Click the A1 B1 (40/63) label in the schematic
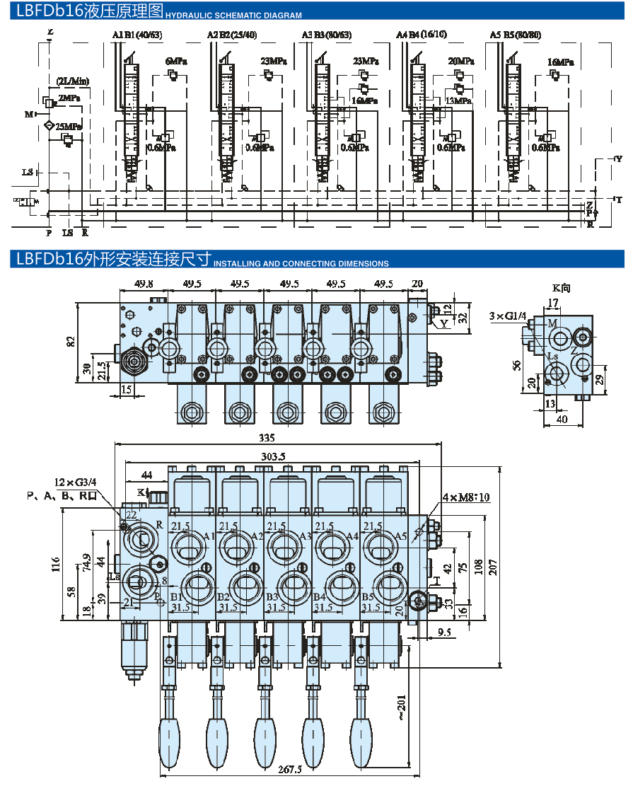(137, 35)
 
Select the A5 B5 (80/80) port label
(516, 35)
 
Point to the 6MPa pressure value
(176, 62)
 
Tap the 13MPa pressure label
(458, 100)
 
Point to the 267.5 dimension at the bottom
(288, 769)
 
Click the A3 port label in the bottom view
(306, 536)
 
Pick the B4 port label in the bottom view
(319, 597)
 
